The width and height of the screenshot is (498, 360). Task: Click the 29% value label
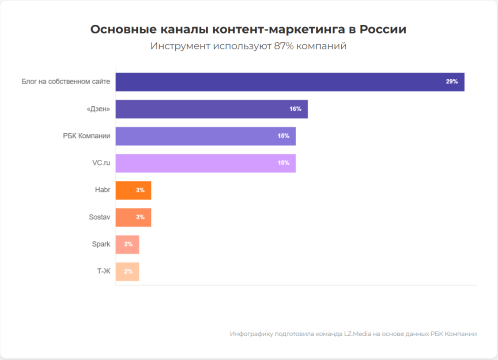(452, 82)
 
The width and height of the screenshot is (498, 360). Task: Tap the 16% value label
(295, 109)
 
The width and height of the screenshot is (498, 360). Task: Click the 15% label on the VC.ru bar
(283, 163)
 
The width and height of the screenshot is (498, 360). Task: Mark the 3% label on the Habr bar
(140, 191)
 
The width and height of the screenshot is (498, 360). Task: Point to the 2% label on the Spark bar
(128, 244)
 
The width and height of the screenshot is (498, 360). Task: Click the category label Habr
(103, 190)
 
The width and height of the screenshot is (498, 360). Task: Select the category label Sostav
(99, 217)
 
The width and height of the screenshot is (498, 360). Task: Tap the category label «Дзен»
(98, 109)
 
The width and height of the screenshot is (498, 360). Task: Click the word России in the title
(383, 30)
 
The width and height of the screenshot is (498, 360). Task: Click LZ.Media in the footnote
(358, 334)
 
